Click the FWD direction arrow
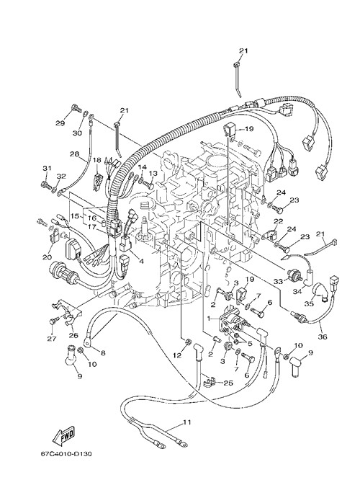point(64,434)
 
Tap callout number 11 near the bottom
point(187,422)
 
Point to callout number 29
point(60,123)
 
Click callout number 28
point(75,154)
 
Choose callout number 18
point(96,160)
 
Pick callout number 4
point(141,262)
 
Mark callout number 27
point(52,339)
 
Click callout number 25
point(228,383)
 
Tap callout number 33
point(278,281)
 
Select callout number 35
point(309,304)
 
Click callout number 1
point(209,318)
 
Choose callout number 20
point(47,257)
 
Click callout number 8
point(103,352)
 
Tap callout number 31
point(47,169)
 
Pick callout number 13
point(153,173)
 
